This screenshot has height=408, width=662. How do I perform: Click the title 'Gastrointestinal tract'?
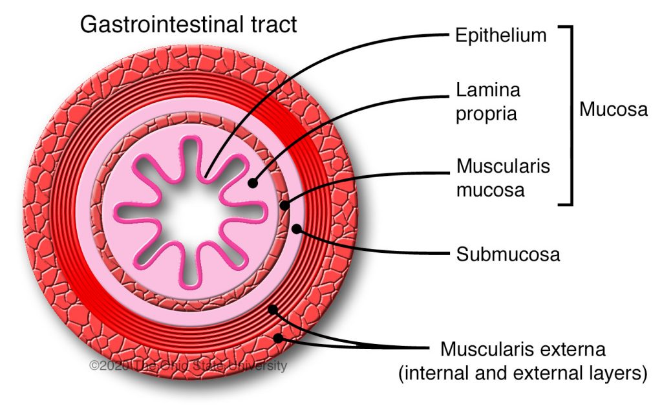tap(187, 24)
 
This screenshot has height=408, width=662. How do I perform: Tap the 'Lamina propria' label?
tap(488, 102)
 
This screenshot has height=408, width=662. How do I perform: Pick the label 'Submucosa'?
tap(507, 254)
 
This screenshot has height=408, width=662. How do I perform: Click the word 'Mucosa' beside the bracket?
tap(613, 109)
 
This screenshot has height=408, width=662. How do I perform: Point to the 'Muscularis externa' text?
tap(523, 350)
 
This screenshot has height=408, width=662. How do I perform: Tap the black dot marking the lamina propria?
tap(253, 183)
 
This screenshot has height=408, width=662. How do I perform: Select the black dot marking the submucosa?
tap(296, 228)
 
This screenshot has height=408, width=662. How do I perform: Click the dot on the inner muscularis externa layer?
tap(273, 310)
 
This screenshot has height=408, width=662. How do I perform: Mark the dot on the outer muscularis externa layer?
tap(279, 338)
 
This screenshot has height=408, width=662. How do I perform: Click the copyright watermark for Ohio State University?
tap(187, 365)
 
